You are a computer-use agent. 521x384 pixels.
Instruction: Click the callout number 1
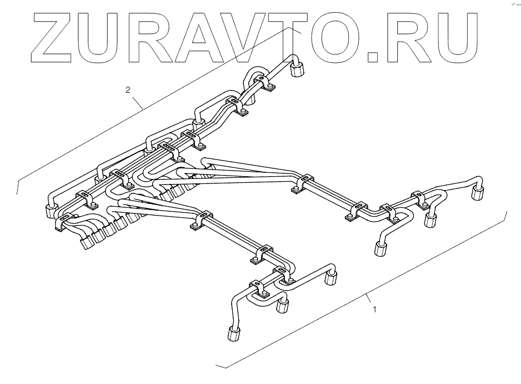[x=374, y=310]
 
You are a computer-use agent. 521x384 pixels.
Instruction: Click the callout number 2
[x=128, y=89]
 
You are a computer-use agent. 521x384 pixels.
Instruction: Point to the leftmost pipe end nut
[x=49, y=211]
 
